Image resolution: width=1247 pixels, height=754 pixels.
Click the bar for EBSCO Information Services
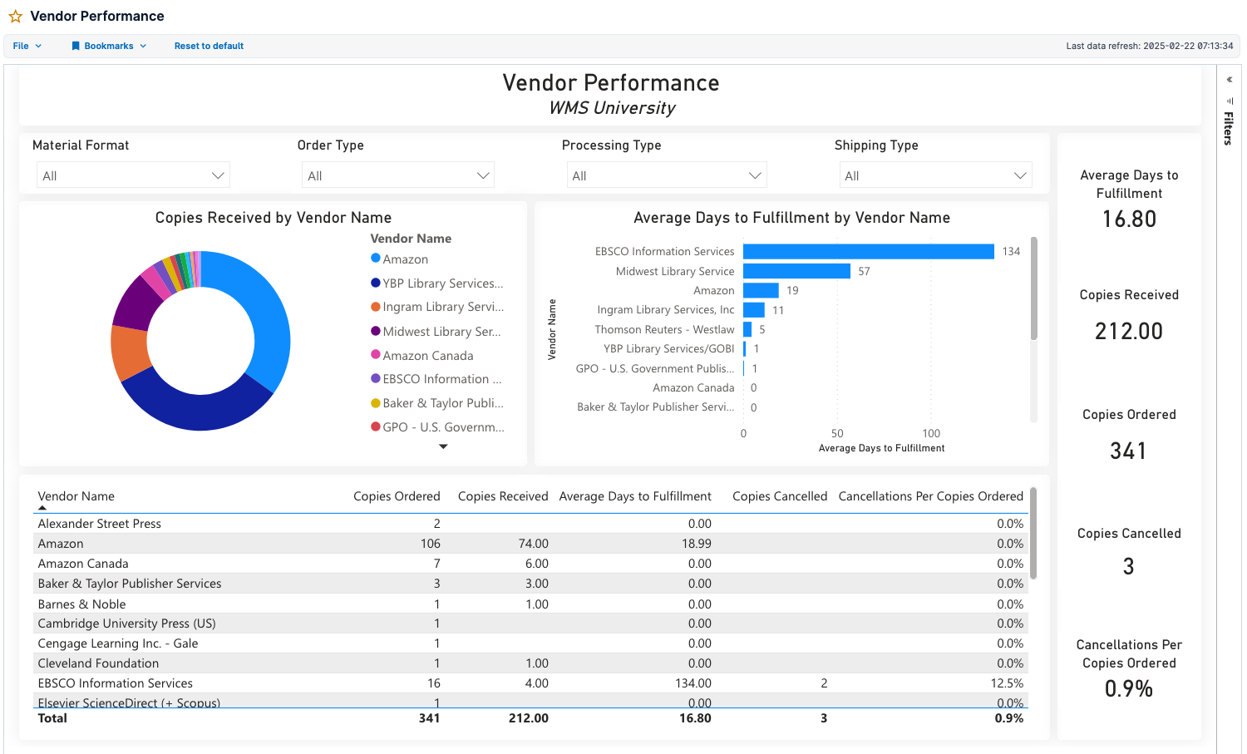point(868,251)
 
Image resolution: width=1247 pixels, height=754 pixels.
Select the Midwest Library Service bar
point(796,271)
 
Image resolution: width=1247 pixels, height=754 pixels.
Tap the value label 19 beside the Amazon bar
point(792,290)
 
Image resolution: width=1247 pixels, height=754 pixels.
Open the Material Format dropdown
point(133,175)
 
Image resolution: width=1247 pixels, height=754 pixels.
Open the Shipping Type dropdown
point(935,175)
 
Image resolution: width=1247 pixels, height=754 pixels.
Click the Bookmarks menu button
point(109,46)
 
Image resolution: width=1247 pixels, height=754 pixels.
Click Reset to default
point(209,46)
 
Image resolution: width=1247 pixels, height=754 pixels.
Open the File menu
point(27,46)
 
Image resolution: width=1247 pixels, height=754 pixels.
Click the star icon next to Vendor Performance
point(15,17)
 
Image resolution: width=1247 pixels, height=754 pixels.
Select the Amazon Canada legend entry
point(427,356)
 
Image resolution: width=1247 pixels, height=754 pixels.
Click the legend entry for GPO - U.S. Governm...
point(442,427)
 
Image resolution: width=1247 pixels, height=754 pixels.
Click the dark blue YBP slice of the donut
point(195,405)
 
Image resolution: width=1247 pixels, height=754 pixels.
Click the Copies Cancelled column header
point(779,496)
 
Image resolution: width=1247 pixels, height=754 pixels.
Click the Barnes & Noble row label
point(81,604)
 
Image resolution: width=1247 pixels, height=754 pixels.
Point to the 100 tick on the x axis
point(931,433)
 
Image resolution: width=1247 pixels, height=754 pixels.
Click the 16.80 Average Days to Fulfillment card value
point(1129,219)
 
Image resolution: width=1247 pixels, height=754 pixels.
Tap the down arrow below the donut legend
point(443,446)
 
